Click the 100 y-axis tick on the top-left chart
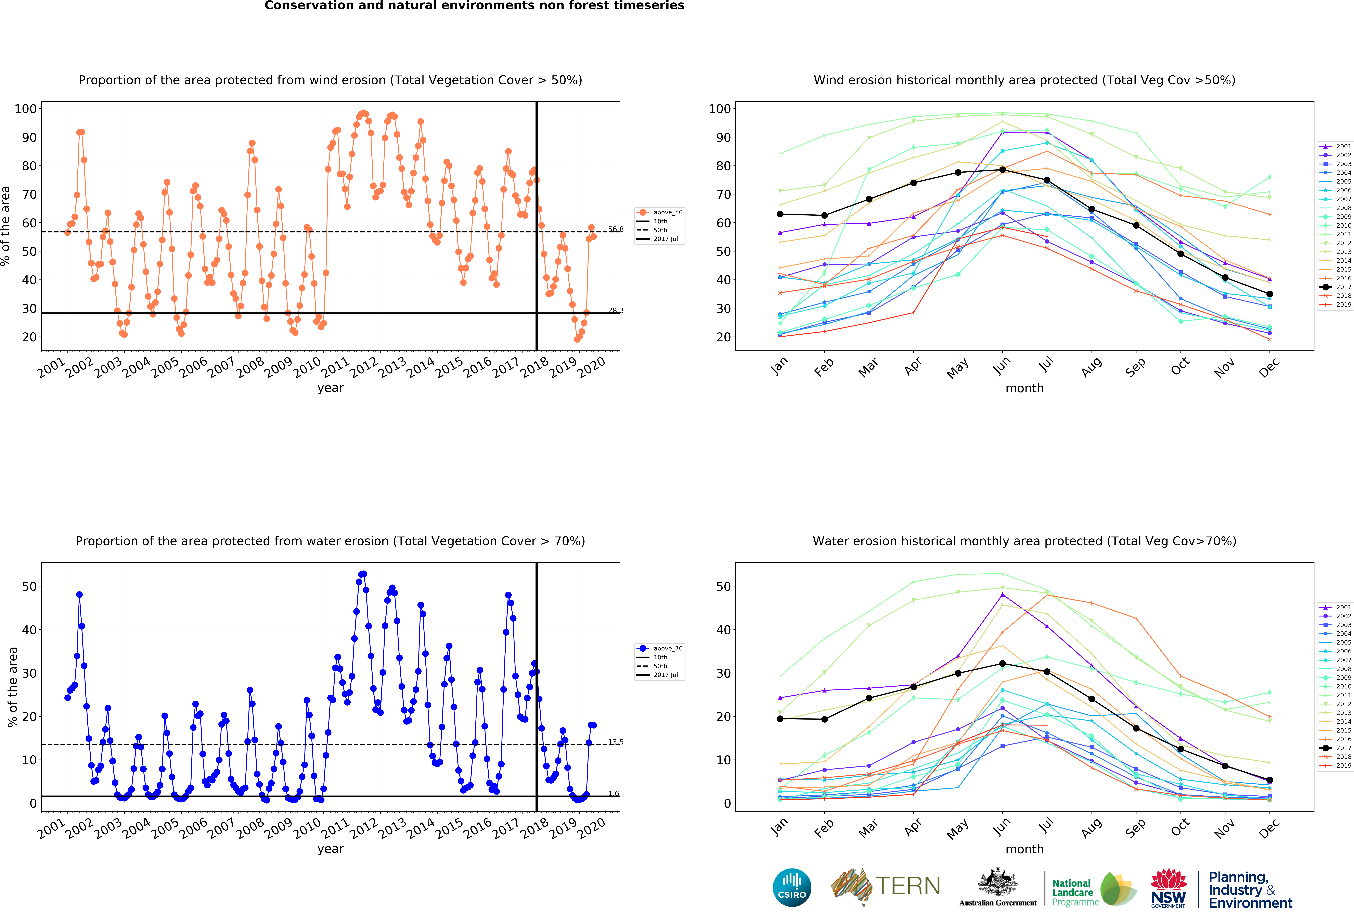(26, 109)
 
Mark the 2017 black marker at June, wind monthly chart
(1002, 170)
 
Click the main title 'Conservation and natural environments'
(474, 6)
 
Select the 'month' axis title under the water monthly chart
(1024, 849)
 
